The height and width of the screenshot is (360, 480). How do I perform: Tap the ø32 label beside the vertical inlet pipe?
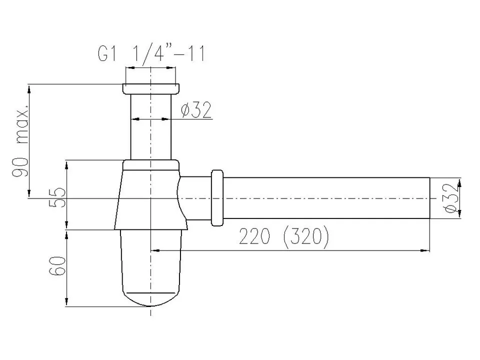pyautogui.click(x=196, y=109)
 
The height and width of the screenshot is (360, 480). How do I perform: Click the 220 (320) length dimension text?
pyautogui.click(x=283, y=238)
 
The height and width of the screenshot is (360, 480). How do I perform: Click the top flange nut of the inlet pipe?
pyautogui.click(x=150, y=89)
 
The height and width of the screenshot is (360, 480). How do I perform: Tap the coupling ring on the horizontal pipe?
pyautogui.click(x=217, y=198)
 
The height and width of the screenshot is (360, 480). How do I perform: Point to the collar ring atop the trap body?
pyautogui.click(x=150, y=165)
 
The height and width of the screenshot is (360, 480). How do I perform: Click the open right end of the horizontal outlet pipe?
pyautogui.click(x=429, y=198)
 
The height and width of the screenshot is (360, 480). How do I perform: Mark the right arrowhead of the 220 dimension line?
pyautogui.click(x=426, y=249)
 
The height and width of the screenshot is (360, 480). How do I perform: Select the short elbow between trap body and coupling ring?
pyautogui.click(x=195, y=198)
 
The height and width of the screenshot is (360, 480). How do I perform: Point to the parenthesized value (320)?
pyautogui.click(x=305, y=238)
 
